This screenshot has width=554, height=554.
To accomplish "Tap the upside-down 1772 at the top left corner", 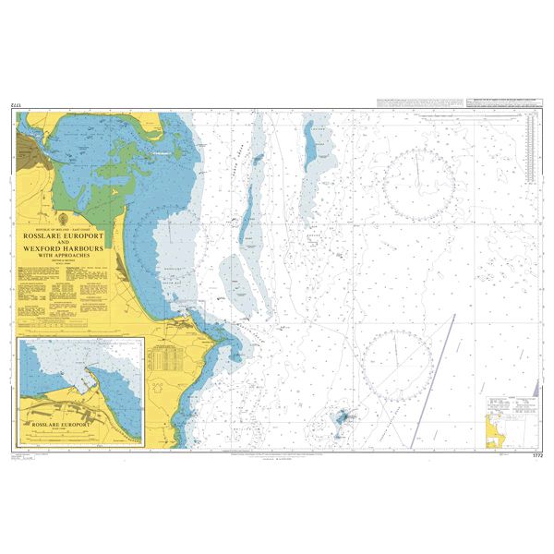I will pos(16,107).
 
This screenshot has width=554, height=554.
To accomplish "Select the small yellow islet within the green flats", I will pos(115,190).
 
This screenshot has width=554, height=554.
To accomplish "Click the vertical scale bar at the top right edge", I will pos(532,148).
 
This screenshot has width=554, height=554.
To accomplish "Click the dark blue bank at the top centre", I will pos(307,139).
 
